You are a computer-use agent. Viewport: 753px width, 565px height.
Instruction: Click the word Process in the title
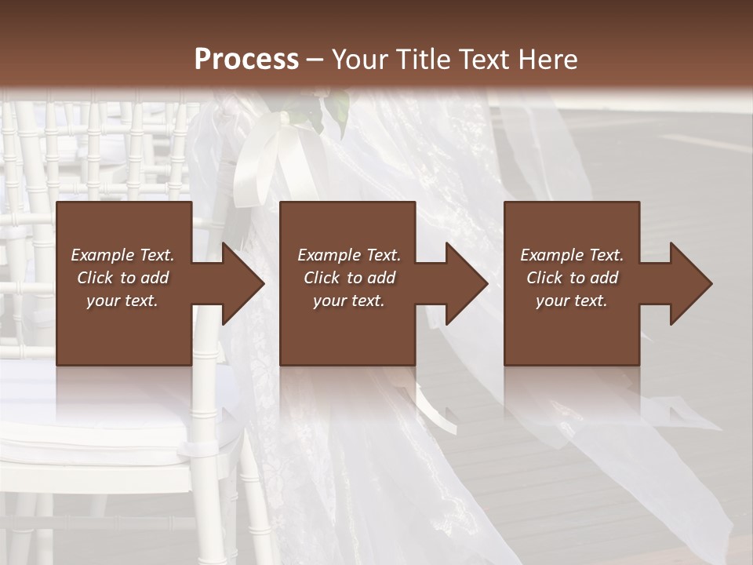[246, 60]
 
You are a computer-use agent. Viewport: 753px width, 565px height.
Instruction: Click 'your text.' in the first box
[122, 301]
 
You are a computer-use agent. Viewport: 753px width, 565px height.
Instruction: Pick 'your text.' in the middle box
[349, 301]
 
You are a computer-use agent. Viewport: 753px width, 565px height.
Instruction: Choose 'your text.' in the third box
[572, 301]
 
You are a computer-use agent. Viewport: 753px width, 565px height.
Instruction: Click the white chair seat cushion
[118, 424]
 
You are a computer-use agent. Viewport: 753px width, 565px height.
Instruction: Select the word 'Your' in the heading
[358, 60]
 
